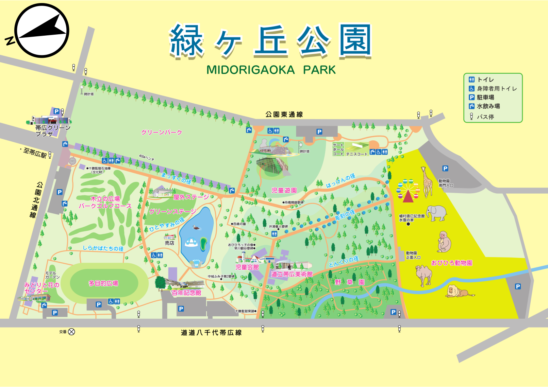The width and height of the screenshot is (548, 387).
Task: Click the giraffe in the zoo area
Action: click(x=427, y=182)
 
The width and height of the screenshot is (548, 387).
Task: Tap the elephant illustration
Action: click(x=436, y=213)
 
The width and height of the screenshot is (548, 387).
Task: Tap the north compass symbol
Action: click(x=42, y=31)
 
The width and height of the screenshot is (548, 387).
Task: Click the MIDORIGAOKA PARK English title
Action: click(x=271, y=70)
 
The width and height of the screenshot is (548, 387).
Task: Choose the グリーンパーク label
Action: click(x=162, y=132)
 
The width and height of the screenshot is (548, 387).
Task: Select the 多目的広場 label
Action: click(x=103, y=283)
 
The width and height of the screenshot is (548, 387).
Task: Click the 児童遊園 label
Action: click(x=284, y=190)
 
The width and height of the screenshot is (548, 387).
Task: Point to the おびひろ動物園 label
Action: click(x=451, y=263)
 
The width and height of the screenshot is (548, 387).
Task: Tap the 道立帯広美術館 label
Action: click(x=292, y=274)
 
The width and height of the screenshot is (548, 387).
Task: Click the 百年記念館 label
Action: click(x=186, y=293)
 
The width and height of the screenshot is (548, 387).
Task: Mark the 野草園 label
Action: click(x=349, y=282)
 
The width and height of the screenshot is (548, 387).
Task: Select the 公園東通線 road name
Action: click(x=284, y=115)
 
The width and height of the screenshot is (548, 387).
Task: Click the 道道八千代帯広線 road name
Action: click(x=211, y=333)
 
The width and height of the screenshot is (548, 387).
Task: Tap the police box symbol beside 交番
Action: click(x=71, y=332)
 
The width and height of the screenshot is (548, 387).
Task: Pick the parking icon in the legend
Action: click(x=471, y=97)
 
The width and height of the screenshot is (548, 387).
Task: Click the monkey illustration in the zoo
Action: click(x=444, y=242)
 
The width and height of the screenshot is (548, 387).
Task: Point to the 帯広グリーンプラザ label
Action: click(x=53, y=131)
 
